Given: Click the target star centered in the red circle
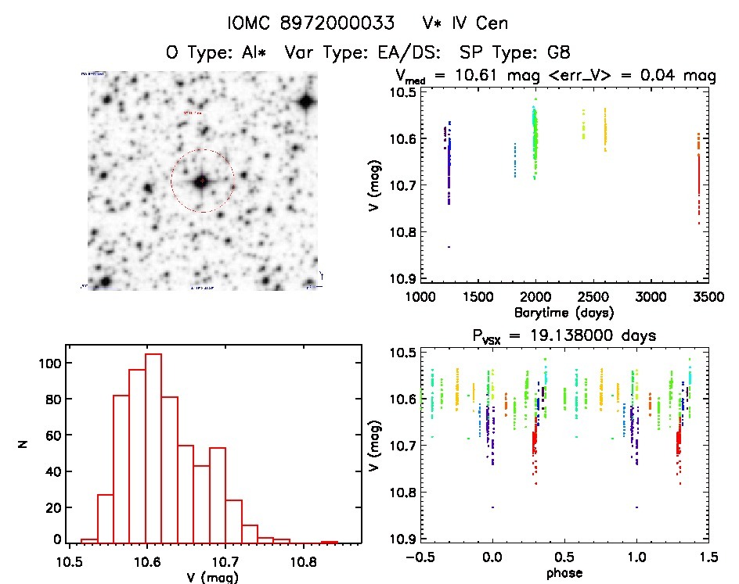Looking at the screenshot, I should [x=202, y=181].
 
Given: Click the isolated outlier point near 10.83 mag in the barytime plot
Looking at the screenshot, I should [x=449, y=247].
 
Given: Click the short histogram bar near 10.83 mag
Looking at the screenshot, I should [x=330, y=541].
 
